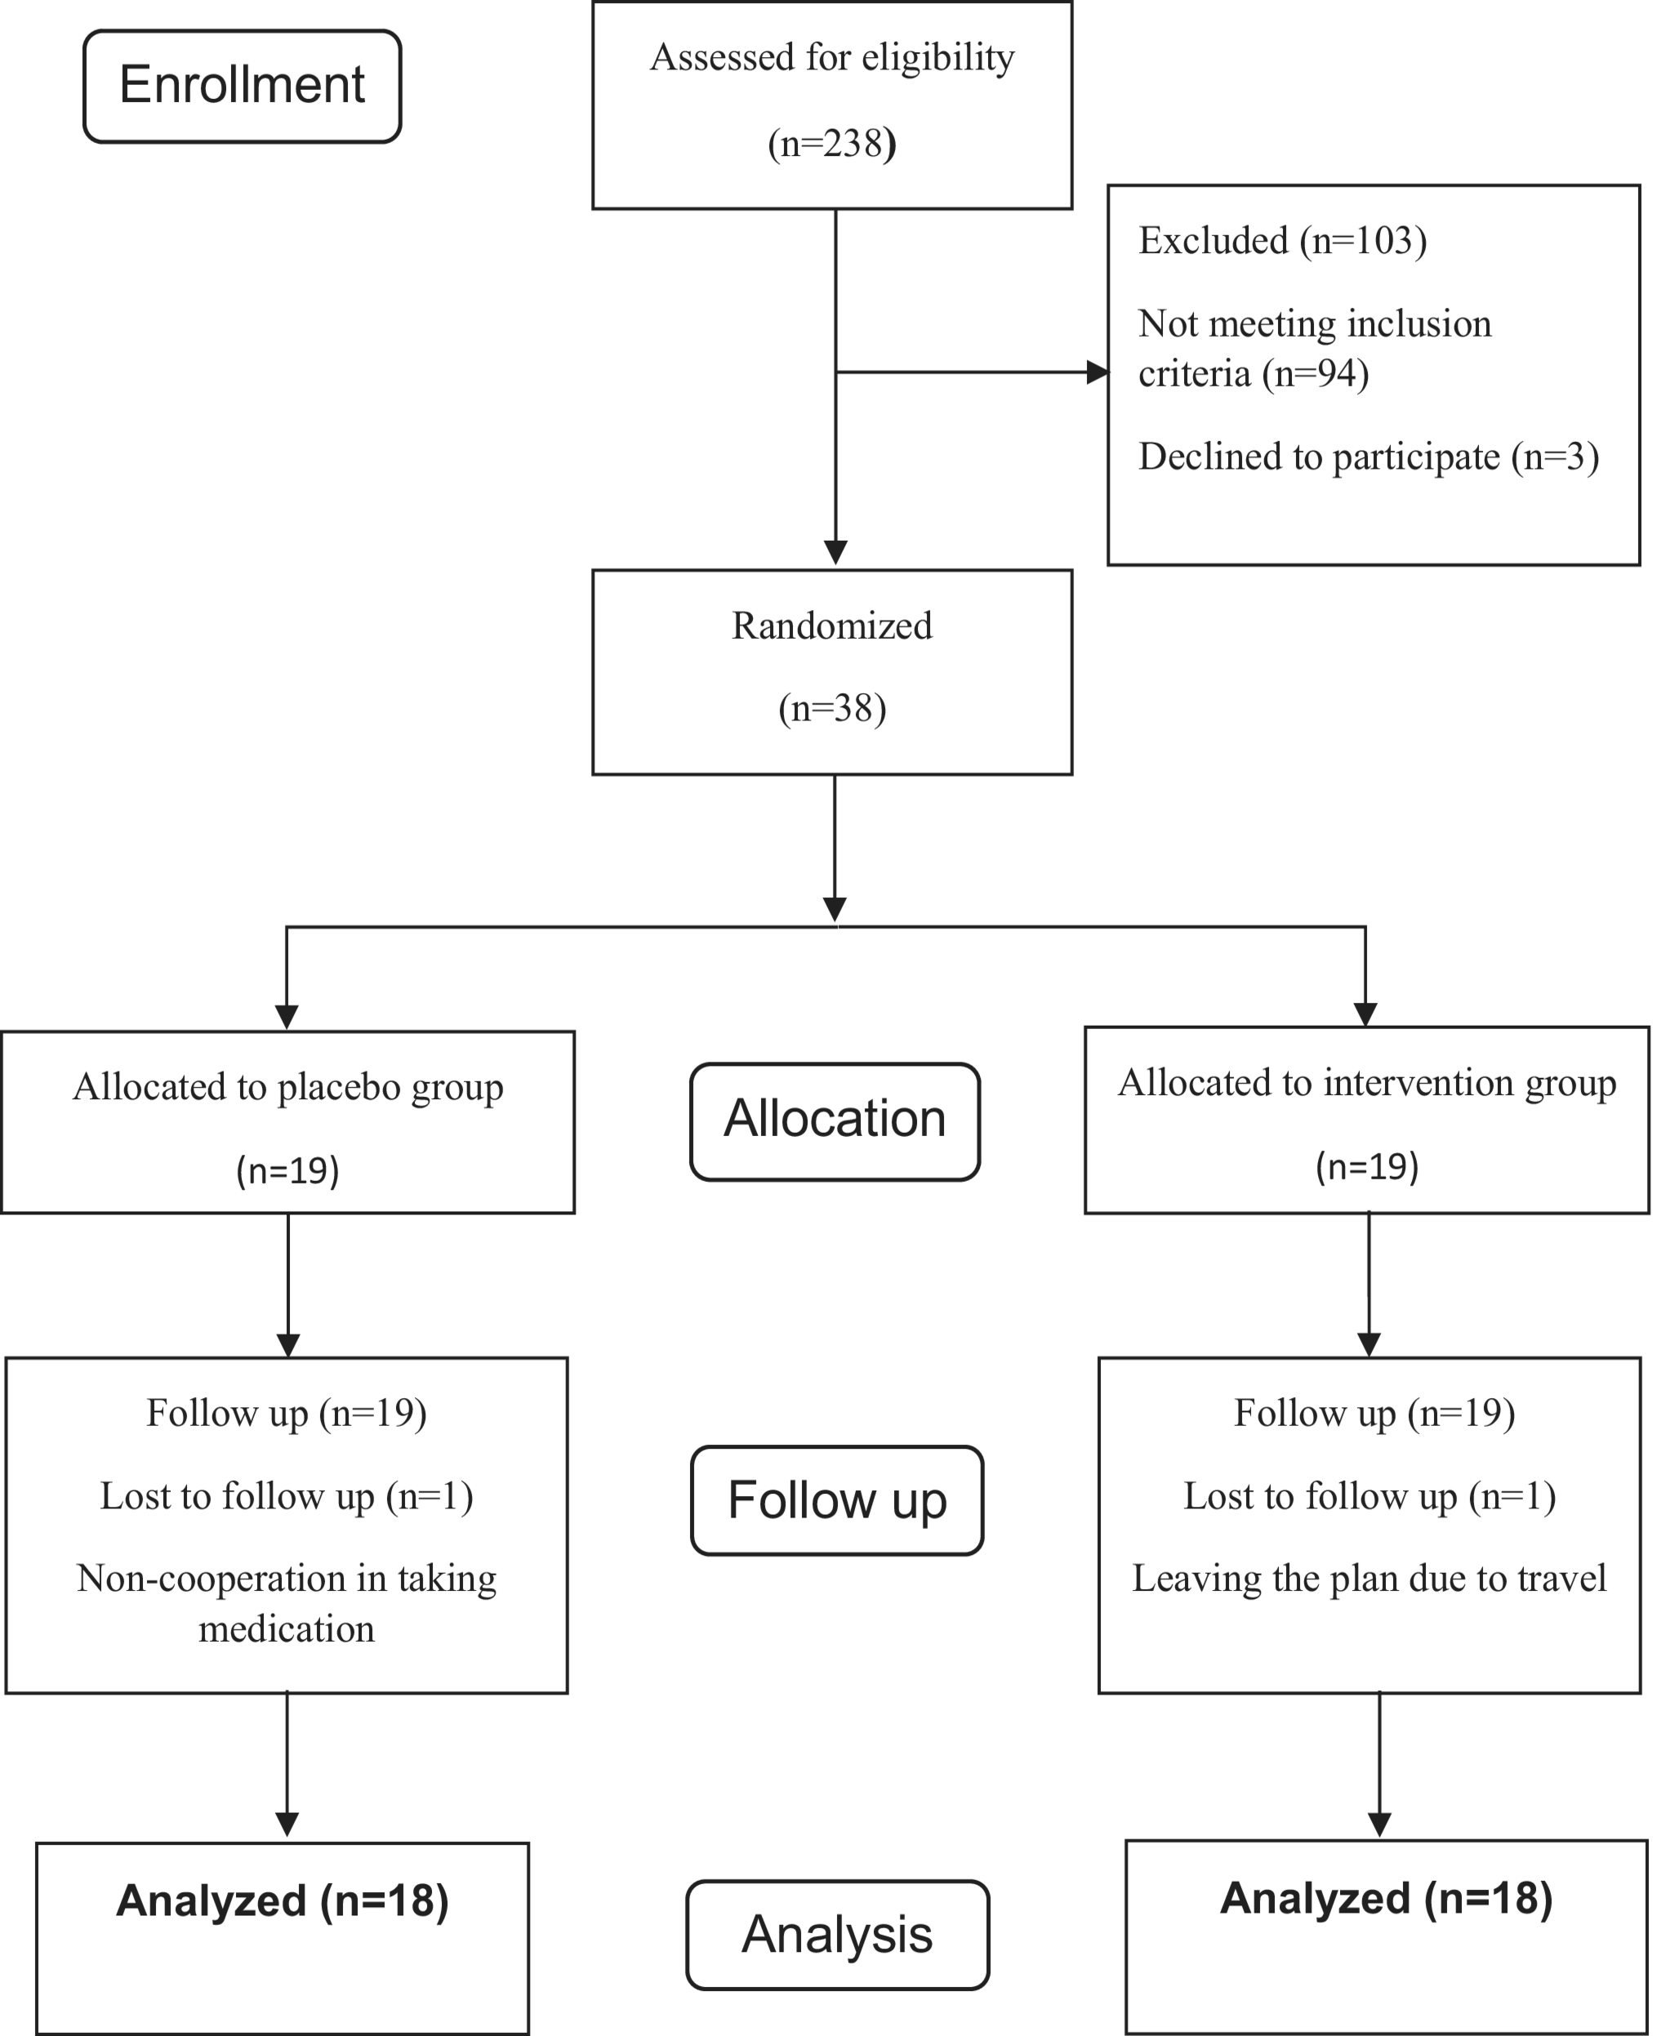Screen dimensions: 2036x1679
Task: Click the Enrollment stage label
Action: [x=242, y=85]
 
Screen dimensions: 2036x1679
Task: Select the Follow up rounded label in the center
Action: [x=836, y=1500]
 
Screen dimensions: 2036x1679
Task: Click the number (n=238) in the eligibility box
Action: [x=832, y=144]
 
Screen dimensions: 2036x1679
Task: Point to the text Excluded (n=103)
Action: [x=1282, y=241]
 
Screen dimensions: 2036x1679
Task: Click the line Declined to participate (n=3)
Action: [x=1369, y=457]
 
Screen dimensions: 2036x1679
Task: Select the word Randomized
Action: [x=832, y=626]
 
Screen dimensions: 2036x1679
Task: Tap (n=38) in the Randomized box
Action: [x=832, y=709]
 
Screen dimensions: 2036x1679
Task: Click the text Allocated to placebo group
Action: [x=288, y=1087]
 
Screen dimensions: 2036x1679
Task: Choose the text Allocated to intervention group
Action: [x=1366, y=1083]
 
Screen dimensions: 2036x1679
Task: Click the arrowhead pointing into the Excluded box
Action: [x=1097, y=372]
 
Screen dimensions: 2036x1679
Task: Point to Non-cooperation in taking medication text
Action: [x=287, y=1604]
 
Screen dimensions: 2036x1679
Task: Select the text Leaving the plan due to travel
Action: [x=1369, y=1579]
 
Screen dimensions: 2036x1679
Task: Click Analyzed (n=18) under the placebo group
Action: [x=283, y=1900]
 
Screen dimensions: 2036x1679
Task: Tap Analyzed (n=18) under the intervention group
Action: [x=1386, y=1898]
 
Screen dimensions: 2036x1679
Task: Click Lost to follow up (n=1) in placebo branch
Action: [x=287, y=1496]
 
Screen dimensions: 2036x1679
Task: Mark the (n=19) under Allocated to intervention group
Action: [x=1366, y=1166]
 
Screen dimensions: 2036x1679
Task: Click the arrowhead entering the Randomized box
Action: [x=835, y=552]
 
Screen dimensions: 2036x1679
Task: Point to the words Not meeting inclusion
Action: [x=1315, y=324]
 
